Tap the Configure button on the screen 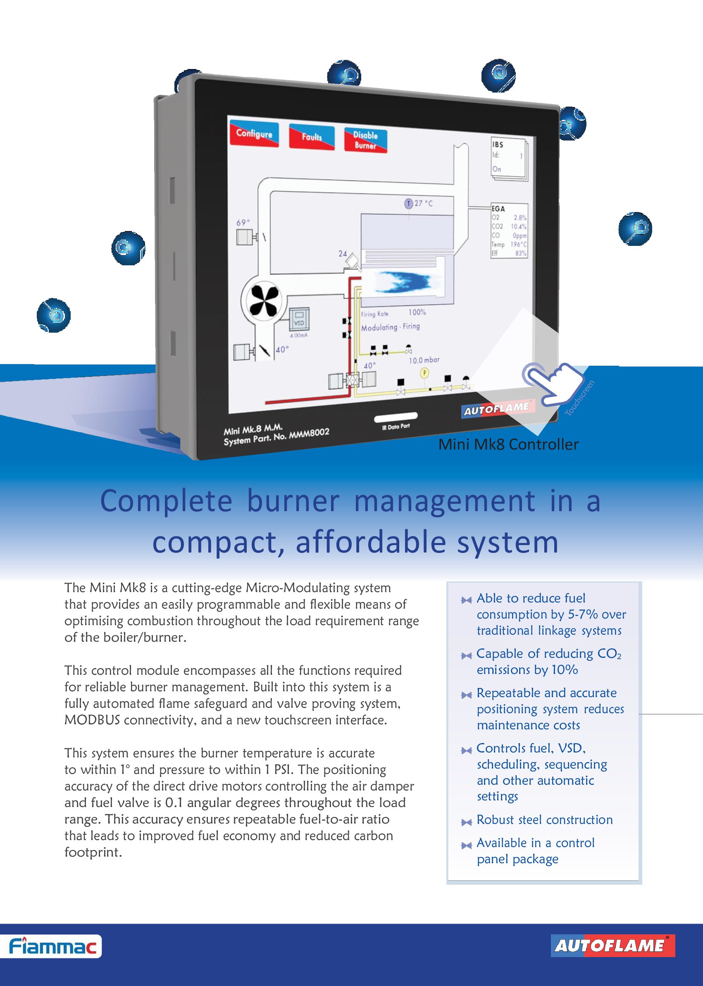pyautogui.click(x=254, y=134)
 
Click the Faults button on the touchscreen pyautogui.click(x=312, y=137)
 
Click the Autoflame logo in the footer pyautogui.click(x=612, y=946)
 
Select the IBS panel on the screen pyautogui.click(x=508, y=157)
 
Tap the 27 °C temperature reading pyautogui.click(x=423, y=203)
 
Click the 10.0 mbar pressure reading pyautogui.click(x=424, y=360)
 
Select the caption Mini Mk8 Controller pyautogui.click(x=508, y=445)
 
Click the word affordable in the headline pyautogui.click(x=371, y=542)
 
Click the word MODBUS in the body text pyautogui.click(x=92, y=720)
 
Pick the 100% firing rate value pyautogui.click(x=417, y=312)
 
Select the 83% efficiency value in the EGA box pyautogui.click(x=520, y=253)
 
